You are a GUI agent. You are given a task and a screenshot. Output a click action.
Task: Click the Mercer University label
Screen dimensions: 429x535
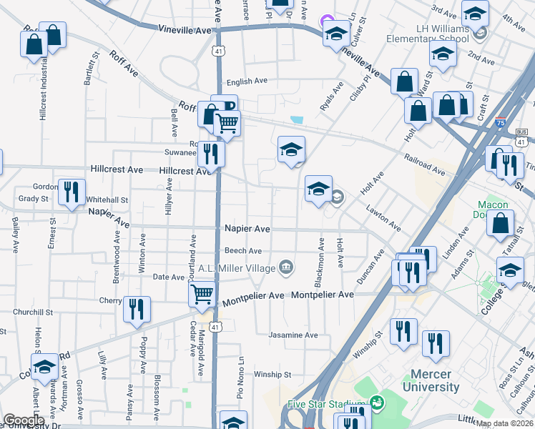coord(435,380)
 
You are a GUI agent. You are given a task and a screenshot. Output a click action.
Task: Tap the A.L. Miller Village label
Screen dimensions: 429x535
coord(237,268)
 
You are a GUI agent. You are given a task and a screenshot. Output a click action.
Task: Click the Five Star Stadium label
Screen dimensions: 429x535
coord(326,404)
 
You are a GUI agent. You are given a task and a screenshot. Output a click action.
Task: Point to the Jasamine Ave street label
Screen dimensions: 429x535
coord(293,335)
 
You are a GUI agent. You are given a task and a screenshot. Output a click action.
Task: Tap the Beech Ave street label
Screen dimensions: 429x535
coord(243,251)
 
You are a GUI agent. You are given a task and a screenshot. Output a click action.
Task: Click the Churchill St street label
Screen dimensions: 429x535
coord(33,312)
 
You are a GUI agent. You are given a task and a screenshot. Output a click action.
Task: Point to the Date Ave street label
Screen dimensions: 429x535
coord(169,277)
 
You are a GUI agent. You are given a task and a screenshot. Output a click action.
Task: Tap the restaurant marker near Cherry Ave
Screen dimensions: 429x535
coord(136,309)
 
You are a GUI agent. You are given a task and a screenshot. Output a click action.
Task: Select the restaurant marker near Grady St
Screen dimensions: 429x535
coord(71,192)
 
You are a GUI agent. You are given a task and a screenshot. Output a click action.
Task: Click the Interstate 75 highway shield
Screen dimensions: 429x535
coord(501,122)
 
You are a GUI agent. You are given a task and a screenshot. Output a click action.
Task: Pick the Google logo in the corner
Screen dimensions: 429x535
coord(24,420)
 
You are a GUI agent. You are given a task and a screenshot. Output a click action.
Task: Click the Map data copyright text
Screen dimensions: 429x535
coord(505,423)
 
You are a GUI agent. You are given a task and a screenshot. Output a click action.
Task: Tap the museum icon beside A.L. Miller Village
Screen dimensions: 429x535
coord(286,267)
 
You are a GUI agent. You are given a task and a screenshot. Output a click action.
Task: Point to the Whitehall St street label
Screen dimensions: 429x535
coord(107,200)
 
